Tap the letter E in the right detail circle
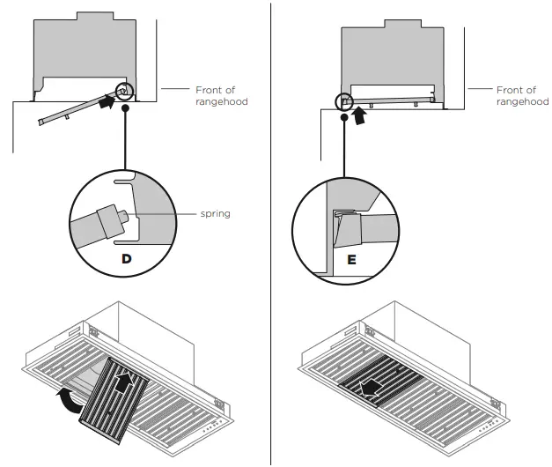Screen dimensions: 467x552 click(351, 260)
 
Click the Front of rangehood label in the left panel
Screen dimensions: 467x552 click(221, 95)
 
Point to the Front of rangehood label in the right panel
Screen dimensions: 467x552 click(522, 95)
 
